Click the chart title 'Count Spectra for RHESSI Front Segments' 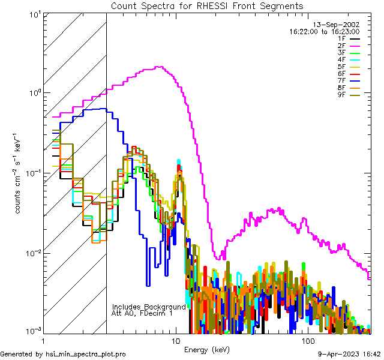207,5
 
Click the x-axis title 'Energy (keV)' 207,349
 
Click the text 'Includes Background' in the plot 149,307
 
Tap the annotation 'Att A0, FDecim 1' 142,313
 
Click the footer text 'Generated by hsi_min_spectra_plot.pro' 63,355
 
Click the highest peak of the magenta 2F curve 158,67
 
